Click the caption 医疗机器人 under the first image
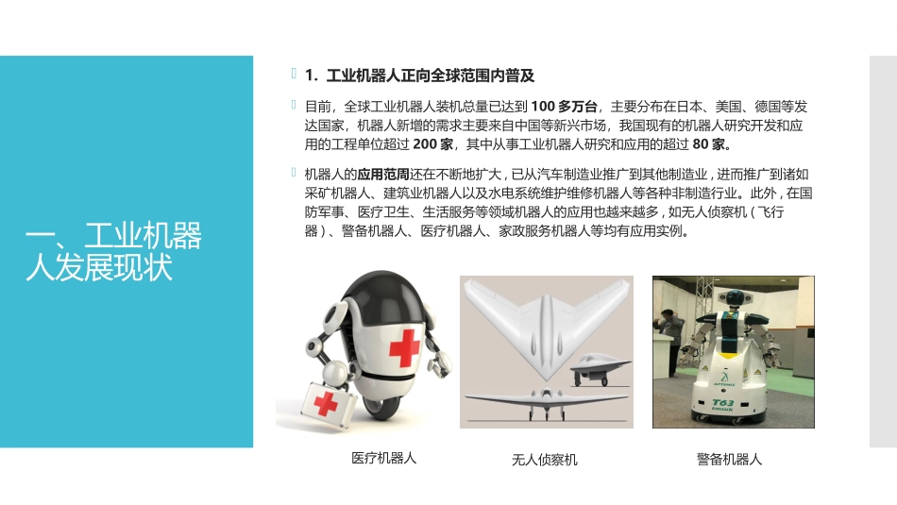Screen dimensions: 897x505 (384, 458)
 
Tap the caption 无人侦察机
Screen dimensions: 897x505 (545, 460)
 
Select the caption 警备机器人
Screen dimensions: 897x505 (729, 460)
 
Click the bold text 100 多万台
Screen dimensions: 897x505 (564, 107)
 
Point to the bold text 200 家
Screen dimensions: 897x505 (433, 144)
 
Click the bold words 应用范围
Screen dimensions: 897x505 (383, 175)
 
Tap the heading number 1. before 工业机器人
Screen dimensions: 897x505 (312, 76)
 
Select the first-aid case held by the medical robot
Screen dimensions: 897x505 (325, 405)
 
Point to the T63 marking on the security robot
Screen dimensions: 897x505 (723, 403)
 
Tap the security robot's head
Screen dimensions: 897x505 (734, 296)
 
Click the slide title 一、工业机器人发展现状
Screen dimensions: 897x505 (114, 251)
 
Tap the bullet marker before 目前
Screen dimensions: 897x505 (294, 105)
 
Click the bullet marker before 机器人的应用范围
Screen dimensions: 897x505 (294, 172)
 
